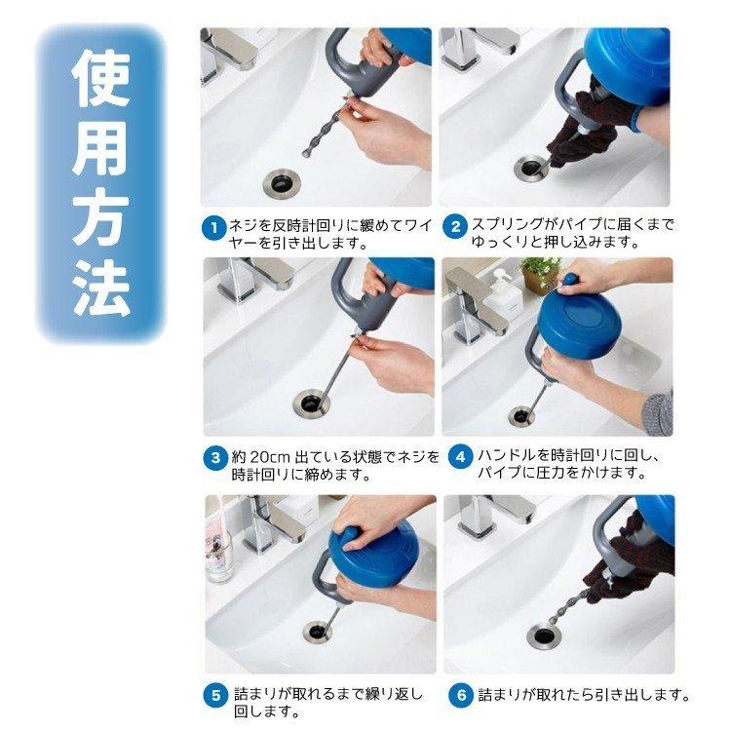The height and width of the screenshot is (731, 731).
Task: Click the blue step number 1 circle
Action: (214, 228)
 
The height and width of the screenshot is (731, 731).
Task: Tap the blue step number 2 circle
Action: (455, 227)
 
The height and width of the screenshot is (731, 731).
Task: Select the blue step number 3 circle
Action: (215, 457)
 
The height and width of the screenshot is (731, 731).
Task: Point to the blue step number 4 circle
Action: (460, 457)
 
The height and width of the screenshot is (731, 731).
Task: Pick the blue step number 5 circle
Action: (215, 696)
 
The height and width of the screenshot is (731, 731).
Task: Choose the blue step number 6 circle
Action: (462, 695)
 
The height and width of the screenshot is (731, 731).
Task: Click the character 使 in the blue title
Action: (100, 78)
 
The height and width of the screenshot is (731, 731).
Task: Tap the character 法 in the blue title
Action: (100, 289)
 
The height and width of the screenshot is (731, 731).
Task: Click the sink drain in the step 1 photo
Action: (282, 183)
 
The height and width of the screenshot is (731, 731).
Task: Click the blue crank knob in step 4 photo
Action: (570, 281)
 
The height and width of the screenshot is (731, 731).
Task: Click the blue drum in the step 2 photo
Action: (626, 59)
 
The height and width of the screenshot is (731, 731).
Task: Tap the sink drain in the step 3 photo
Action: (312, 403)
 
